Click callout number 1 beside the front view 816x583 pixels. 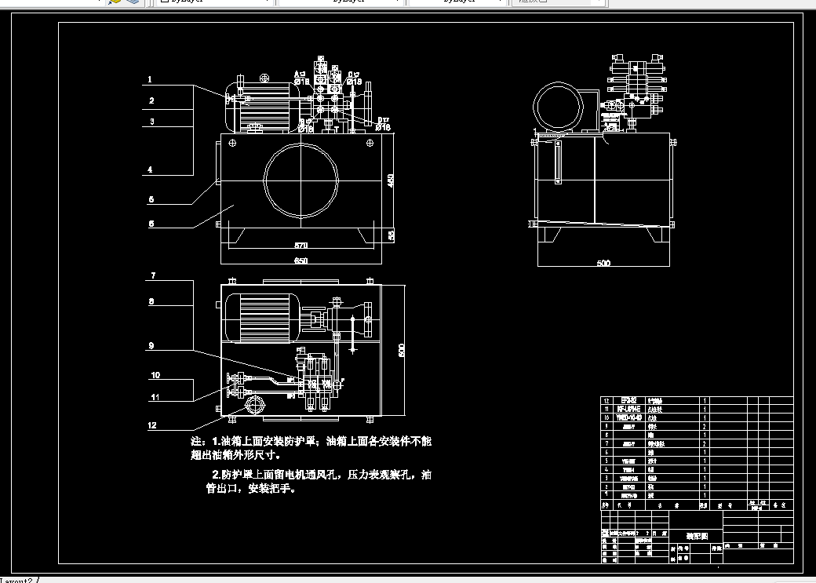pyautogui.click(x=150, y=79)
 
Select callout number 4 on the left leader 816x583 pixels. pyautogui.click(x=150, y=169)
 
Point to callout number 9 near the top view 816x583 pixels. pyautogui.click(x=150, y=345)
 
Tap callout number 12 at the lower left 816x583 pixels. pyautogui.click(x=153, y=426)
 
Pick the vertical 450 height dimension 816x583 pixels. pyautogui.click(x=392, y=180)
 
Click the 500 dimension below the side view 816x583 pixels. pyautogui.click(x=603, y=264)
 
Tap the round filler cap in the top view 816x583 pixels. pyautogui.click(x=255, y=406)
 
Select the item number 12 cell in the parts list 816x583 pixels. pyautogui.click(x=605, y=400)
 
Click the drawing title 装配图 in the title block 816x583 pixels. pyautogui.click(x=697, y=536)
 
